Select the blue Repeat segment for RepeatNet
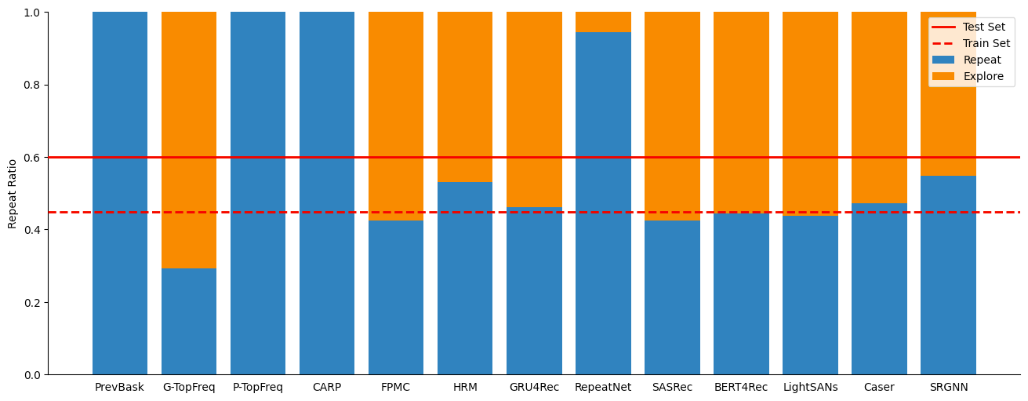coord(603,203)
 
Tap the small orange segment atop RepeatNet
coord(603,22)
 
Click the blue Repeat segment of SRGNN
coord(948,275)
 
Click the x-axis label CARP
coord(327,388)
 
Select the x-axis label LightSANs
coord(810,388)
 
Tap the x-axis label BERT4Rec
coord(741,388)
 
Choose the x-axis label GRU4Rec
coord(534,388)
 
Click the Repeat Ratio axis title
coord(12,193)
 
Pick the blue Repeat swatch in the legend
coord(943,60)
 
